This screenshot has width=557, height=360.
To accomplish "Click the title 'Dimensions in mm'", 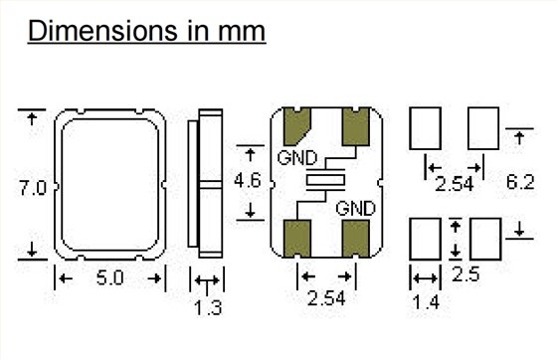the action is pos(147,31).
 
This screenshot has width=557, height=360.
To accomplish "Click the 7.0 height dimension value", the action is pos(32,188).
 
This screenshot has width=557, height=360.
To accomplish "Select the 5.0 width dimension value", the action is pos(110,278).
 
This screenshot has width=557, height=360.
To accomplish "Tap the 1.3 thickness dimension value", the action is pos(208,308).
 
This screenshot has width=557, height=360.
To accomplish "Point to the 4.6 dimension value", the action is pos(248,180).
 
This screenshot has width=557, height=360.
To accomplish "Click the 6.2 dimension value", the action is pos(520,182).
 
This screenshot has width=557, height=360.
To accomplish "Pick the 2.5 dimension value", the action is pos(465,274).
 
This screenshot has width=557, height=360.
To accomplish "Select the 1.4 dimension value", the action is pos(426,302).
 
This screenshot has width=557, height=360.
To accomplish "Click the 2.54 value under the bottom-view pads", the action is pos(326,298).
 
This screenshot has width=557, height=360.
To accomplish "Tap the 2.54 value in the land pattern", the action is pos(455,184).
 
